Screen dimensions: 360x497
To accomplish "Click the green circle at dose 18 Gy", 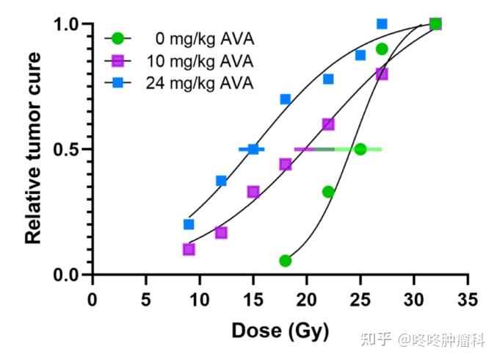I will (x=286, y=261).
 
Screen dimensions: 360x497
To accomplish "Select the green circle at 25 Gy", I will (x=360, y=149).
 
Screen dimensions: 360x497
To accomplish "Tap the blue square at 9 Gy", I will (x=189, y=224).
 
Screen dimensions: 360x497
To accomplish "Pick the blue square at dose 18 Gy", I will (x=286, y=99).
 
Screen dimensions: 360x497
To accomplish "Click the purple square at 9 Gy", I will (x=189, y=249).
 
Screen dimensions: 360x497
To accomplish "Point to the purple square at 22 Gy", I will (x=328, y=124).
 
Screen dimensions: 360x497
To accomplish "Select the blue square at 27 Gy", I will (x=382, y=24).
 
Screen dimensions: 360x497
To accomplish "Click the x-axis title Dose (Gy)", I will (x=280, y=331).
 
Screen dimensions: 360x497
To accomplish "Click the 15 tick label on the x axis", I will (x=253, y=300).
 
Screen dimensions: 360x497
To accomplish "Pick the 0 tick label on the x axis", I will (x=92, y=300).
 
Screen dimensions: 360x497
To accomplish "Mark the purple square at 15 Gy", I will (x=253, y=192).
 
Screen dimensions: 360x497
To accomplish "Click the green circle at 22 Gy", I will (x=328, y=192).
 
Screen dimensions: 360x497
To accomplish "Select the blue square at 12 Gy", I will (x=221, y=181).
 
